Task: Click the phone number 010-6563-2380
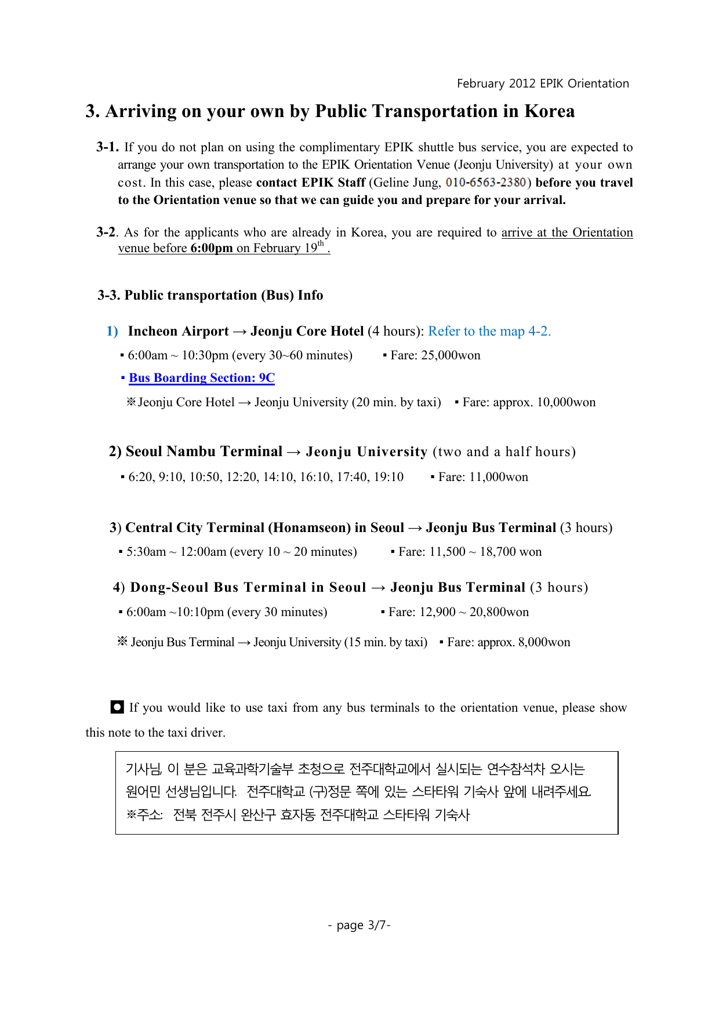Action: [x=485, y=183]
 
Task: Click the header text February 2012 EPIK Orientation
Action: [x=543, y=83]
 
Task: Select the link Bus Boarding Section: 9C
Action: [x=201, y=378]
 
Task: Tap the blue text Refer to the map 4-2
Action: [x=489, y=331]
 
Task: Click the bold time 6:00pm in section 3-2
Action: [x=211, y=248]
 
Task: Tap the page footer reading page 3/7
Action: [x=359, y=925]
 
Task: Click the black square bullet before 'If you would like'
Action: [x=117, y=707]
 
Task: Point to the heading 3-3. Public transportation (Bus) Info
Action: [x=210, y=295]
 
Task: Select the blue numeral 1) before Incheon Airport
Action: [x=112, y=331]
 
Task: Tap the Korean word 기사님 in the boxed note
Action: [x=143, y=769]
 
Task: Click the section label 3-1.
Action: [x=107, y=147]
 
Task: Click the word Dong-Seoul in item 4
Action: [x=169, y=587]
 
